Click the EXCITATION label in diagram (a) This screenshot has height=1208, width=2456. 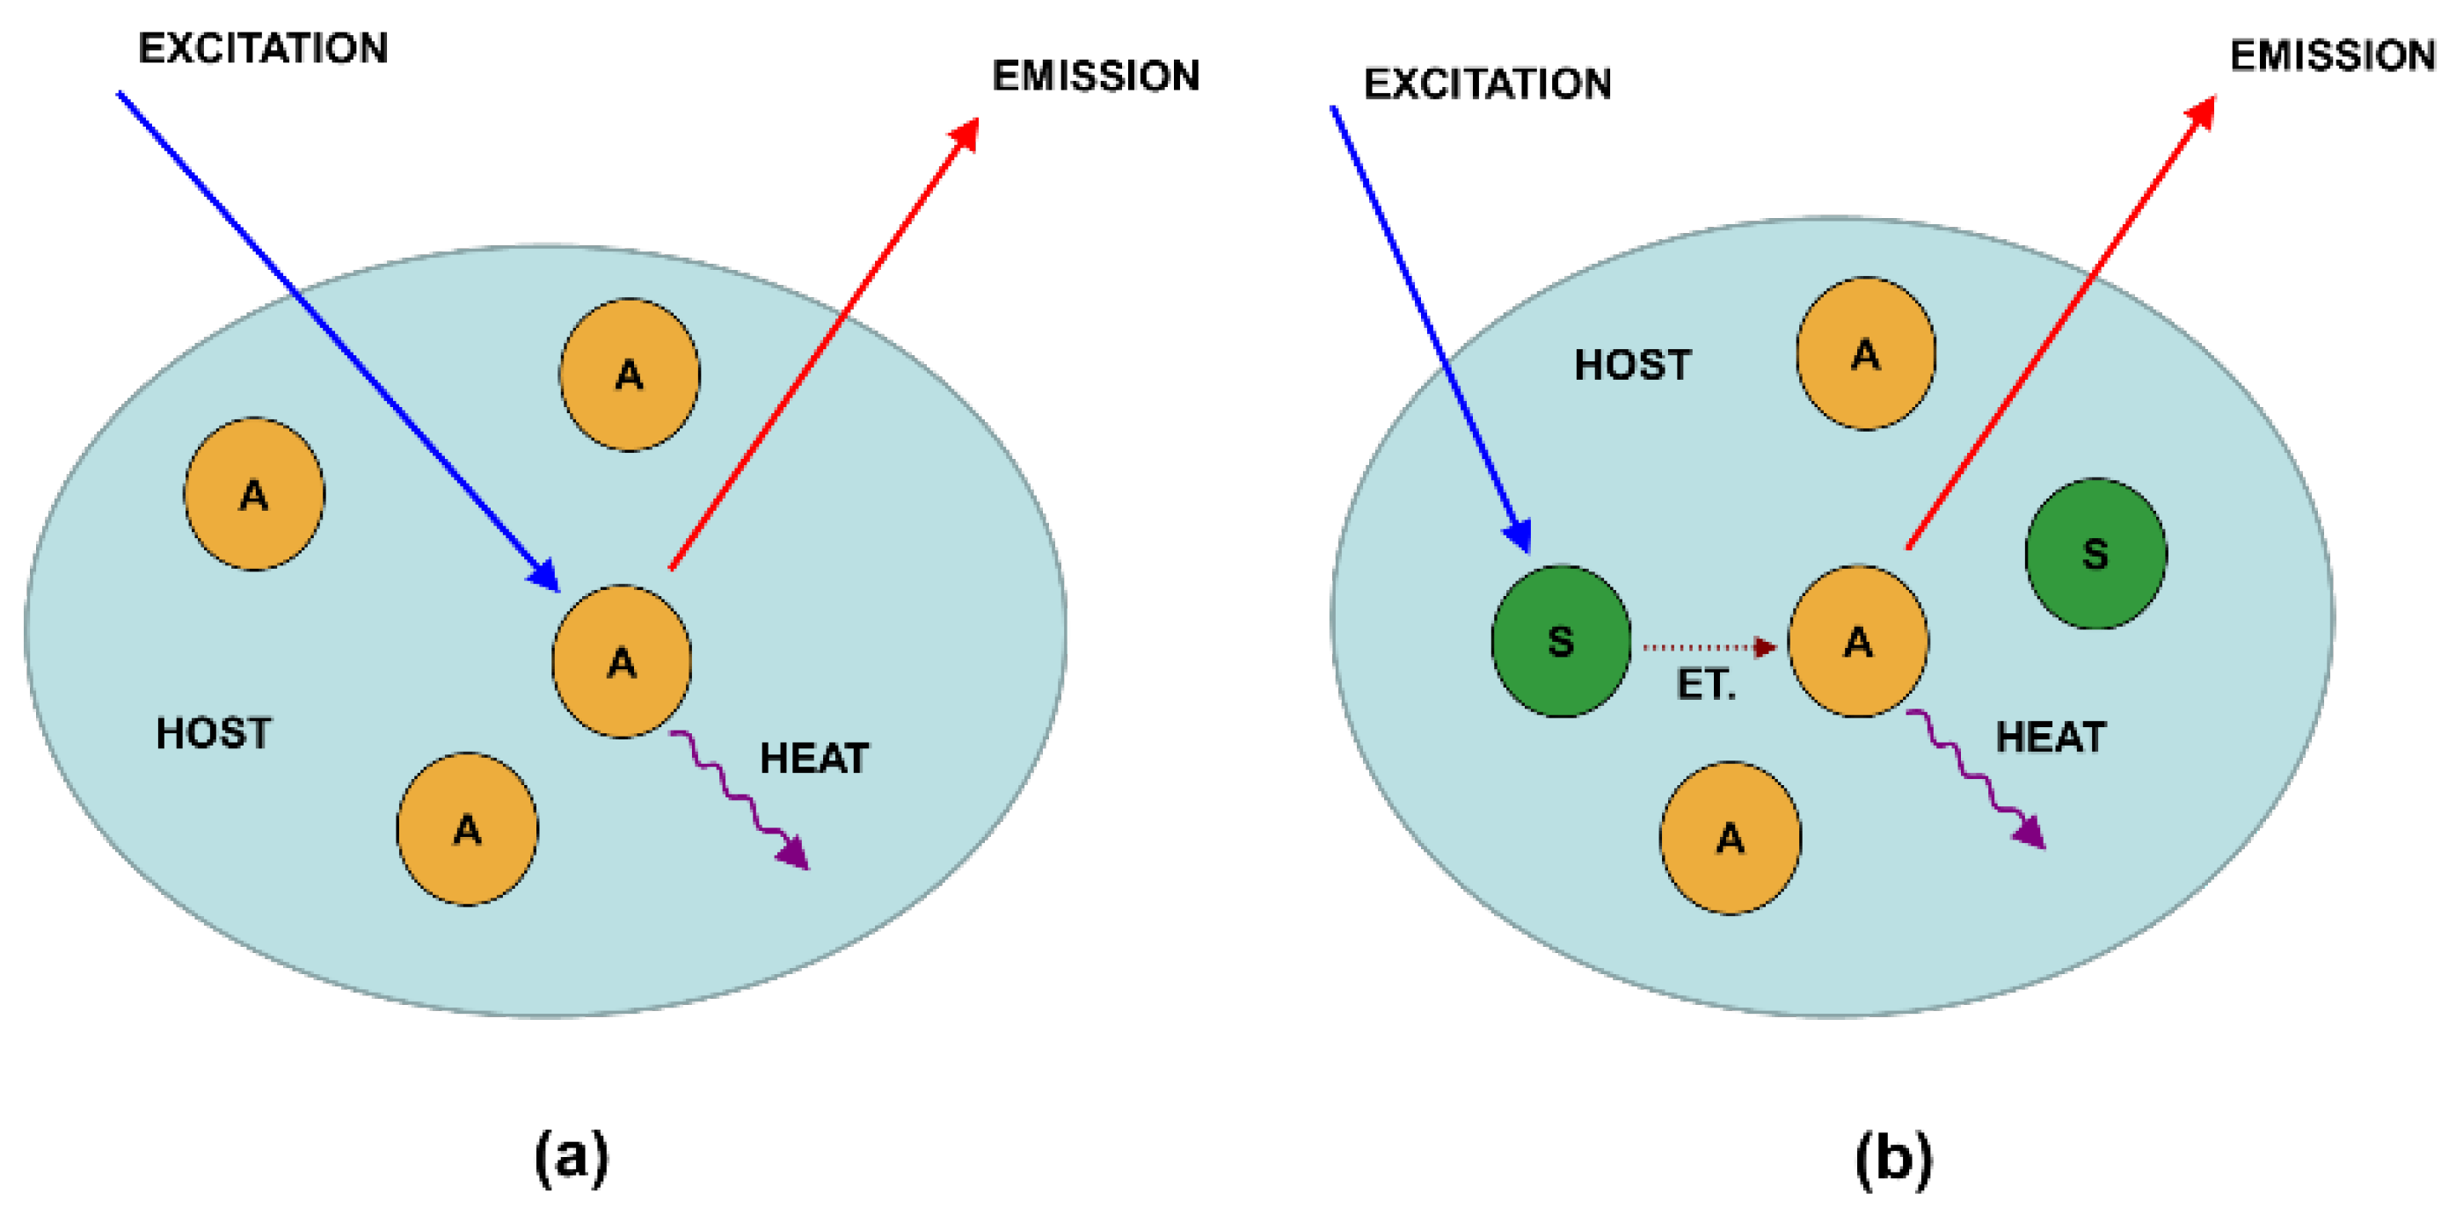pos(263,47)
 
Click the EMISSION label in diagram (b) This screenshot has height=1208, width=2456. pos(2332,55)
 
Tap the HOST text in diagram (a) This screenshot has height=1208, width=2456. pos(214,733)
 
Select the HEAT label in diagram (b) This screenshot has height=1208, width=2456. pos(2050,737)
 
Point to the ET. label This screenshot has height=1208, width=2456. pos(1706,685)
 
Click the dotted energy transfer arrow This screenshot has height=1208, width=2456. pos(1707,647)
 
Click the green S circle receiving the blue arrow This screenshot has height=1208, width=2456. pos(1561,641)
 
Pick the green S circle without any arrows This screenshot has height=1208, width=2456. pos(2095,553)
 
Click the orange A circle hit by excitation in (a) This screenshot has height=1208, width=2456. pos(622,661)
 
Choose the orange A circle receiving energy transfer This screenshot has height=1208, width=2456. pos(1857,641)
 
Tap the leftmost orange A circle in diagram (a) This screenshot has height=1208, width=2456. pos(253,494)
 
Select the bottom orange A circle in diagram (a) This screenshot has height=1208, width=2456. pos(467,828)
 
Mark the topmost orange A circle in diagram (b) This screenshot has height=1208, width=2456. pos(1866,353)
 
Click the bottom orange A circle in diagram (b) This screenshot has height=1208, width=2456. pos(1731,838)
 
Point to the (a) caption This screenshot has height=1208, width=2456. pos(571,1156)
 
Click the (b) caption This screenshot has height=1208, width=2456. pos(1893,1156)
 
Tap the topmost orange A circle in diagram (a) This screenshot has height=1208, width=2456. pos(630,375)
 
